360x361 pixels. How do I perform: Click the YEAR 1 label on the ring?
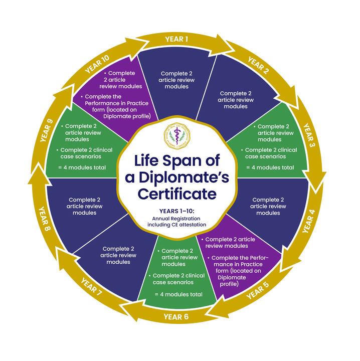click(x=176, y=39)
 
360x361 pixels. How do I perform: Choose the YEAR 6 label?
click(x=176, y=316)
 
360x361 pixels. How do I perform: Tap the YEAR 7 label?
click(x=91, y=288)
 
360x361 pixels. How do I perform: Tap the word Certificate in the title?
click(x=180, y=193)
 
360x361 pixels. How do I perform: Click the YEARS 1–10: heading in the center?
click(x=180, y=212)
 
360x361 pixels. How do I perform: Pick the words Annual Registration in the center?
click(x=180, y=219)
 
